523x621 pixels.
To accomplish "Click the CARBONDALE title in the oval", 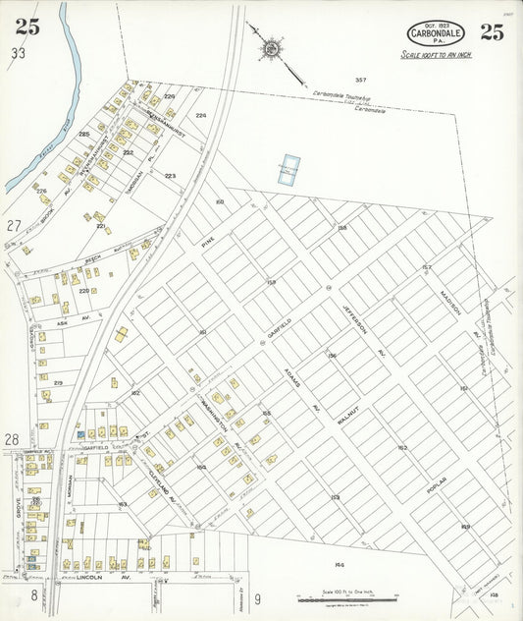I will tap(437, 33).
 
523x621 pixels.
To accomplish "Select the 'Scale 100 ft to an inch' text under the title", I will tap(436, 56).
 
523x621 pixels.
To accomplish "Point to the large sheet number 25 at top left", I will tap(27, 28).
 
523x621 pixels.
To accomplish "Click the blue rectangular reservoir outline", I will tap(288, 169).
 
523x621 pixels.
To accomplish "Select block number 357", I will tap(360, 79).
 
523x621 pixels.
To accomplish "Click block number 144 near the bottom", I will tap(340, 566).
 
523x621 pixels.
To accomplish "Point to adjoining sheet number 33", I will tap(18, 53).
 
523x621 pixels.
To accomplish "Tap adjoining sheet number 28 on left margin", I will tap(12, 439).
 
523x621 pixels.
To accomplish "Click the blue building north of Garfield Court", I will tap(79, 433).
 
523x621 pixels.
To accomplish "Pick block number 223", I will tap(170, 176).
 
